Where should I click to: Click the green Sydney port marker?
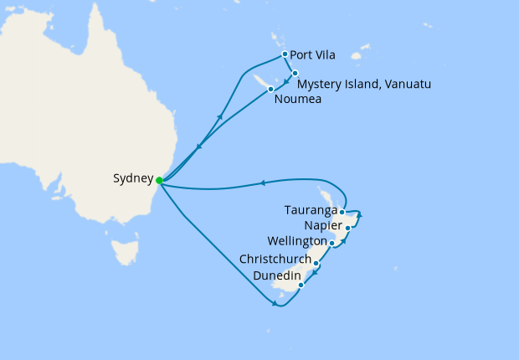(x=159, y=179)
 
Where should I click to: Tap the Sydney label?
(x=133, y=179)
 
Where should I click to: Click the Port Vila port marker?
(x=285, y=55)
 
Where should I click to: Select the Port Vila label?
(x=312, y=56)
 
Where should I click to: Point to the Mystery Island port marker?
(x=295, y=73)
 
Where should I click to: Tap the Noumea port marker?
(x=270, y=89)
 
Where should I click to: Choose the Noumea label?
(x=297, y=100)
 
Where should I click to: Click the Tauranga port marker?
(x=342, y=212)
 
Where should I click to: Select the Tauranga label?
(x=311, y=210)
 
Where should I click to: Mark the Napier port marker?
(x=347, y=228)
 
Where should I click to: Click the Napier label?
(x=323, y=226)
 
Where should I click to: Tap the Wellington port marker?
(x=332, y=244)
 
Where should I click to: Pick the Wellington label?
(x=297, y=242)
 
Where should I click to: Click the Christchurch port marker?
(x=316, y=264)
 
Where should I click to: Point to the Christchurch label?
(x=275, y=260)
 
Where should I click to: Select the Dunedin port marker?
(x=301, y=285)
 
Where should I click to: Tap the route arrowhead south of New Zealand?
(x=275, y=303)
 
